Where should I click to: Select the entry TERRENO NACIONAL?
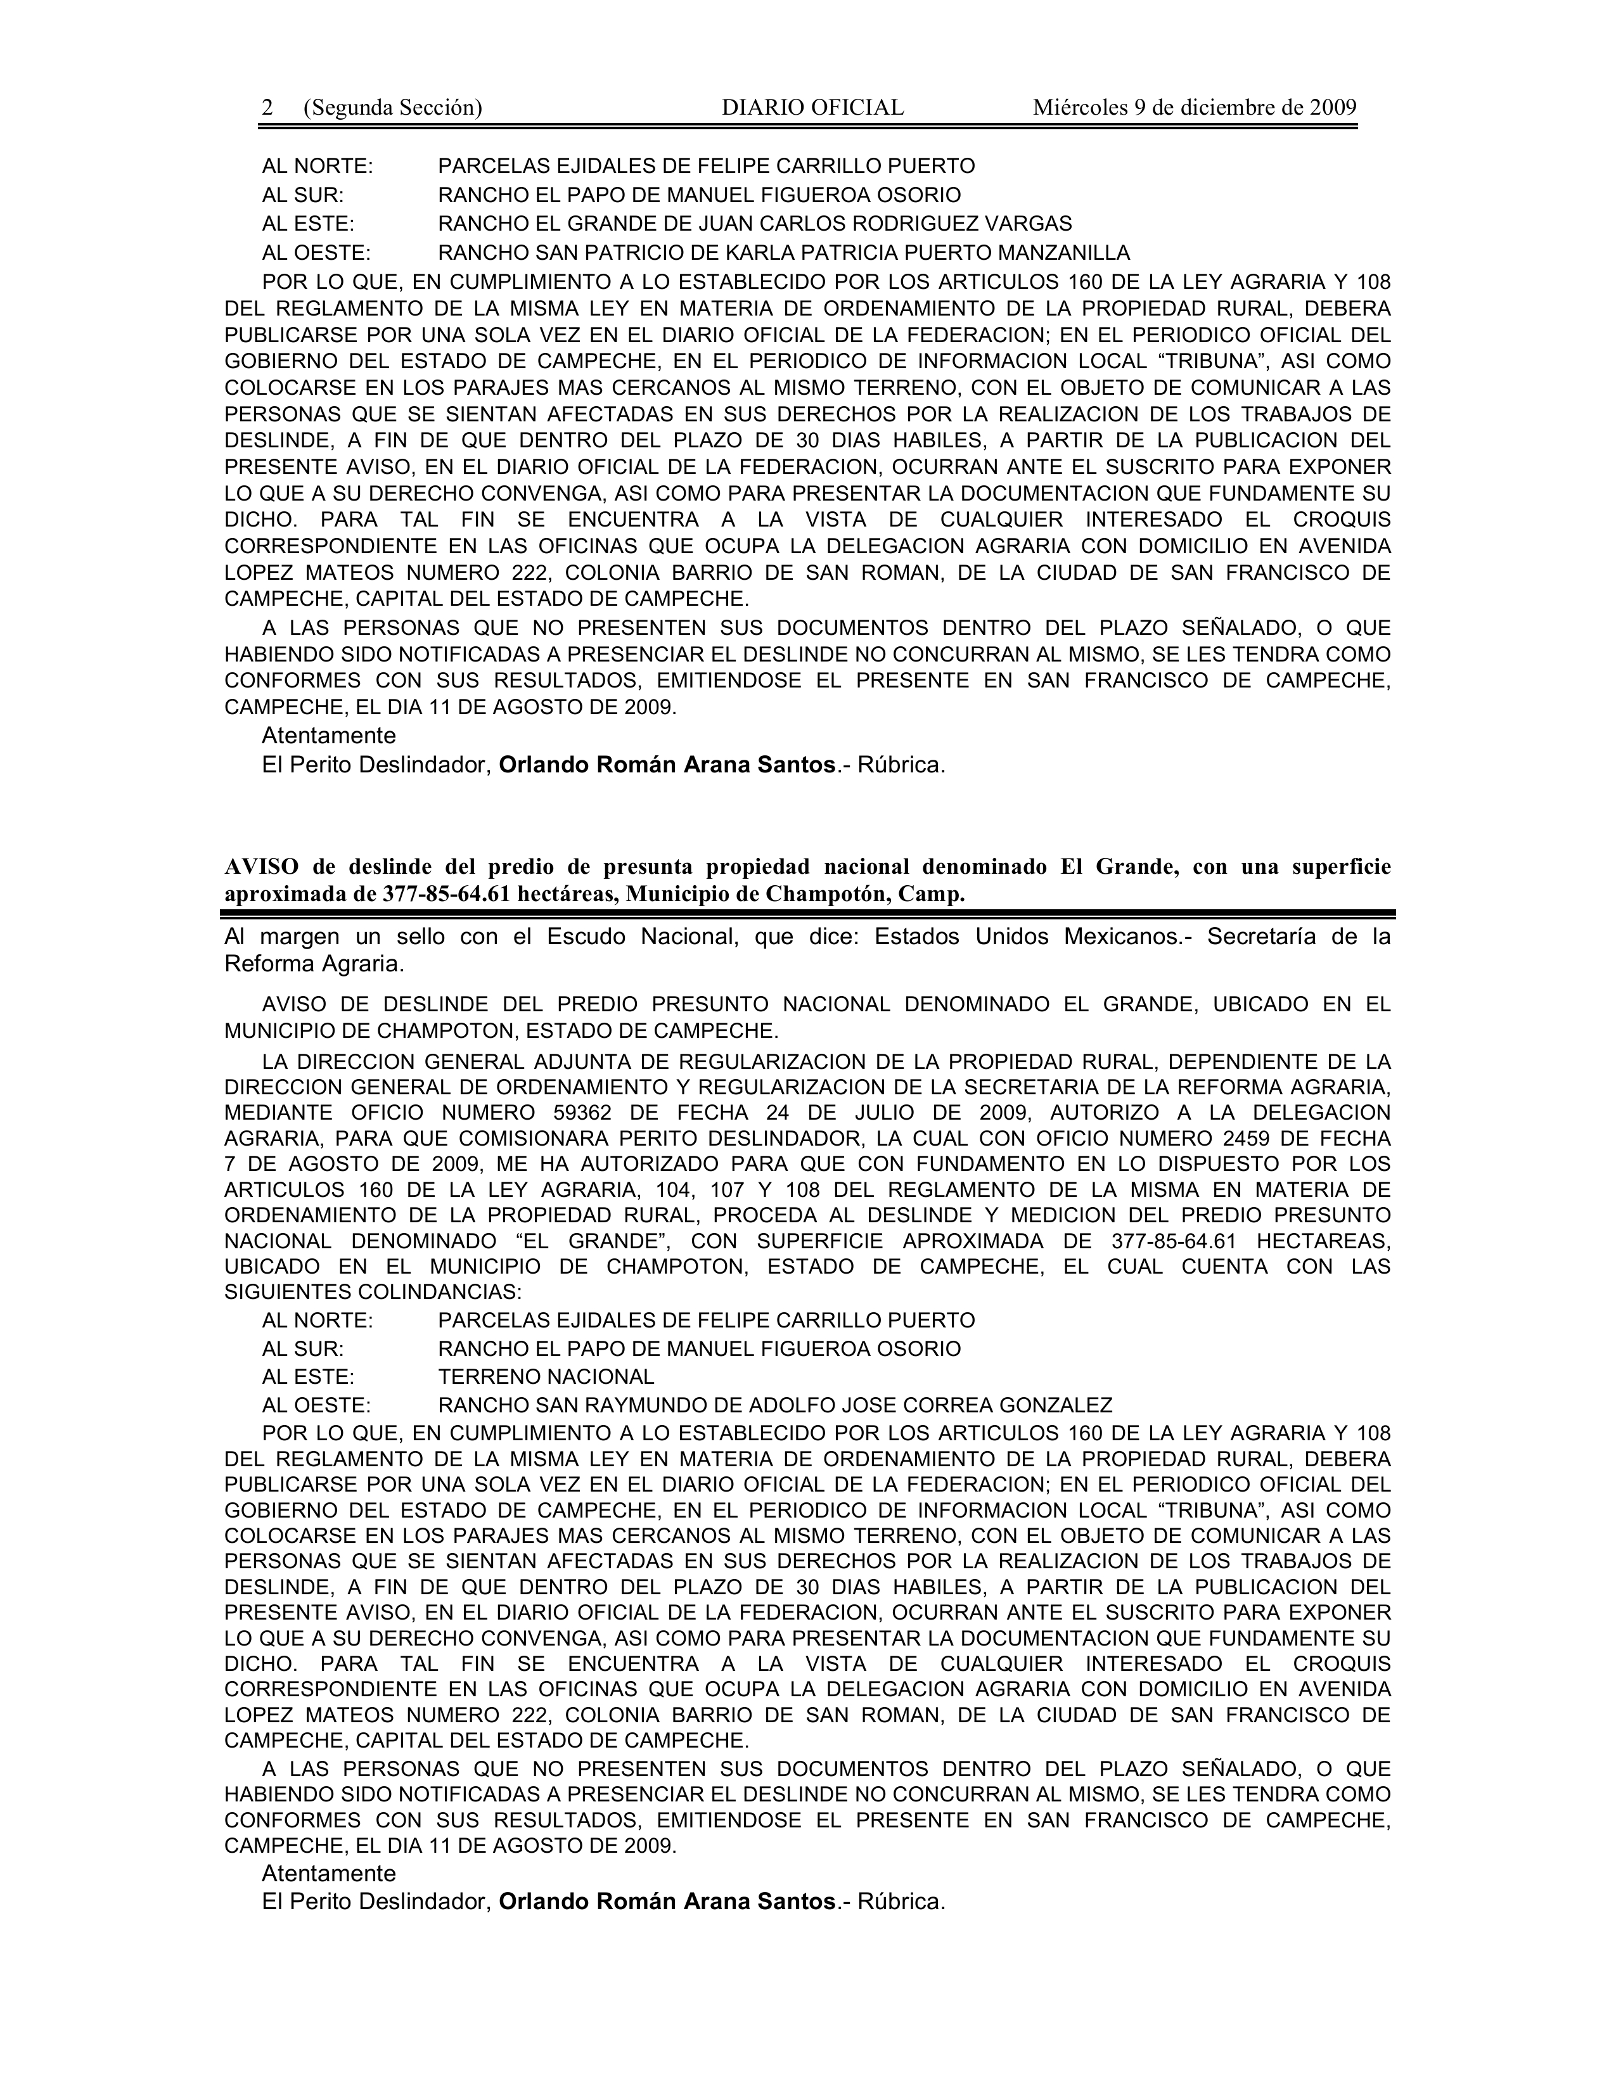[x=546, y=1377]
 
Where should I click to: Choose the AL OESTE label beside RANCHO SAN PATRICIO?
[x=316, y=253]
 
